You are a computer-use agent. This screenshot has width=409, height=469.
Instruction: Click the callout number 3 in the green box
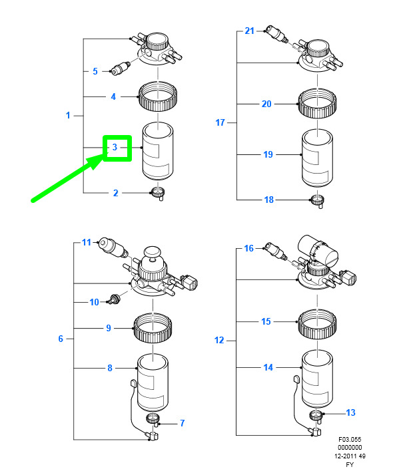[115, 148]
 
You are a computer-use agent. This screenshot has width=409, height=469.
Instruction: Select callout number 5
[95, 71]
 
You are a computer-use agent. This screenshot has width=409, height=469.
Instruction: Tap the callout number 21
[250, 31]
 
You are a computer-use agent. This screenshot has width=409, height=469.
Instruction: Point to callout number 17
[221, 122]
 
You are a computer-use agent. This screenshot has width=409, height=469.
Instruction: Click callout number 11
[86, 242]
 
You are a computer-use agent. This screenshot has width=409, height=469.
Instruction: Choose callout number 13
[350, 413]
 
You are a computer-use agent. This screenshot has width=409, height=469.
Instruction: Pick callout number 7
[182, 422]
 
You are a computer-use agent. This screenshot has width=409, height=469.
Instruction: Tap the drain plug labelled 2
[159, 194]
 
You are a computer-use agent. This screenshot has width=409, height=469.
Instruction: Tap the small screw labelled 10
[113, 301]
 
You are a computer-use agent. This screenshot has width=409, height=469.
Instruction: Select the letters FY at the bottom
[350, 464]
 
